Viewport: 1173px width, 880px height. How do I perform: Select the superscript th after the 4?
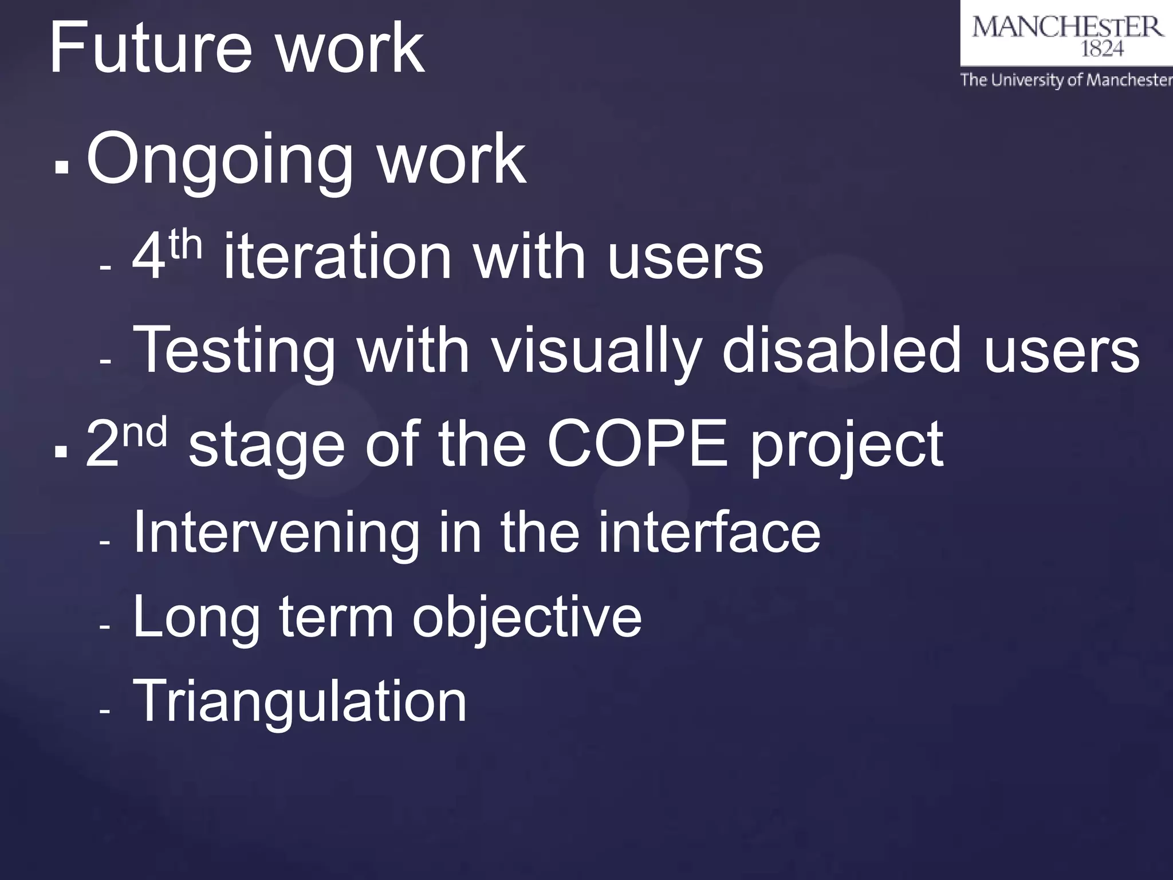[x=184, y=246]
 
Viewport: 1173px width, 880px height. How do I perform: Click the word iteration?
[x=337, y=257]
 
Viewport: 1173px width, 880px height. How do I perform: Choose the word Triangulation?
[x=300, y=701]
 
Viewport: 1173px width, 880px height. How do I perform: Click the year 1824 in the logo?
[x=1101, y=49]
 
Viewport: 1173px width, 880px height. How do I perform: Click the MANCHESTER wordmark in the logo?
[x=1067, y=27]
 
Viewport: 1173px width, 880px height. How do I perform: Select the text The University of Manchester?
[x=1066, y=80]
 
